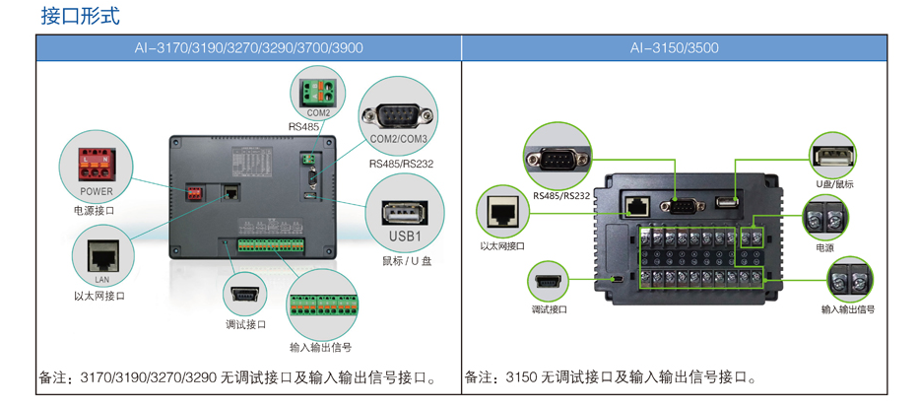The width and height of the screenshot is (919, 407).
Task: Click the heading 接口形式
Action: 81,17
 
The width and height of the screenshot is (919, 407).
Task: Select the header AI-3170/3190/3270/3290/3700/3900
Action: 248,48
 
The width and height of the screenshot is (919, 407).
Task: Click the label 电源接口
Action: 95,210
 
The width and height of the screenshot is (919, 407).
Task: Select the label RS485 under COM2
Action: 304,127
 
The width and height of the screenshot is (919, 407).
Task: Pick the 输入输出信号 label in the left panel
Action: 320,347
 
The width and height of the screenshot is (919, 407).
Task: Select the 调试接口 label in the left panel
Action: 246,323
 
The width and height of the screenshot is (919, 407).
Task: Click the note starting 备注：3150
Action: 611,377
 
